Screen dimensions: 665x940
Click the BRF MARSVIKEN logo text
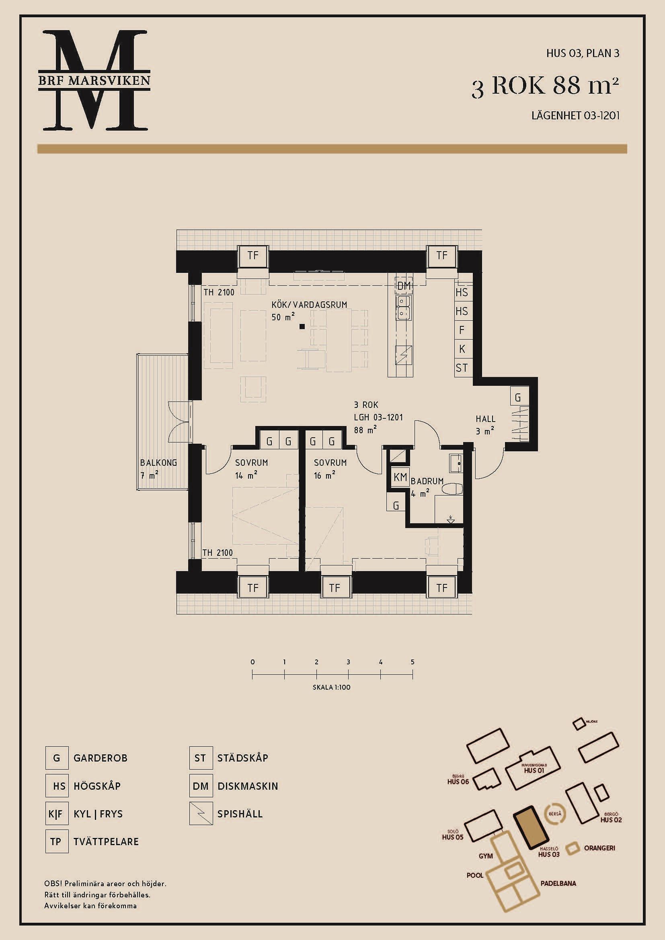point(94,80)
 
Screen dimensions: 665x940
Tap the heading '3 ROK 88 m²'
point(545,86)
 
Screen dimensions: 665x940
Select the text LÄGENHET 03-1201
point(575,115)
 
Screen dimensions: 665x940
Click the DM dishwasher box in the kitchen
point(404,286)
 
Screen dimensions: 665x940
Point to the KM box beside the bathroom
point(400,477)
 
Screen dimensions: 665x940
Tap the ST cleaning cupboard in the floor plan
point(462,368)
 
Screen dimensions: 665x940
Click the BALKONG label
point(158,463)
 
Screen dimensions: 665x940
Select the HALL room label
point(486,419)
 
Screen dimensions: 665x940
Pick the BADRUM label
point(427,481)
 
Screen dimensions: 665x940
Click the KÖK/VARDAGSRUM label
point(309,305)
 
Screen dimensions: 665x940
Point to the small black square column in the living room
point(302,326)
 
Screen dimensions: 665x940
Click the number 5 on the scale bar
point(413,661)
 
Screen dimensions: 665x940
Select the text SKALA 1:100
point(332,687)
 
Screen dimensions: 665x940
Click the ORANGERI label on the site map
point(599,848)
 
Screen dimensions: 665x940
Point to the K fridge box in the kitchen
point(462,349)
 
